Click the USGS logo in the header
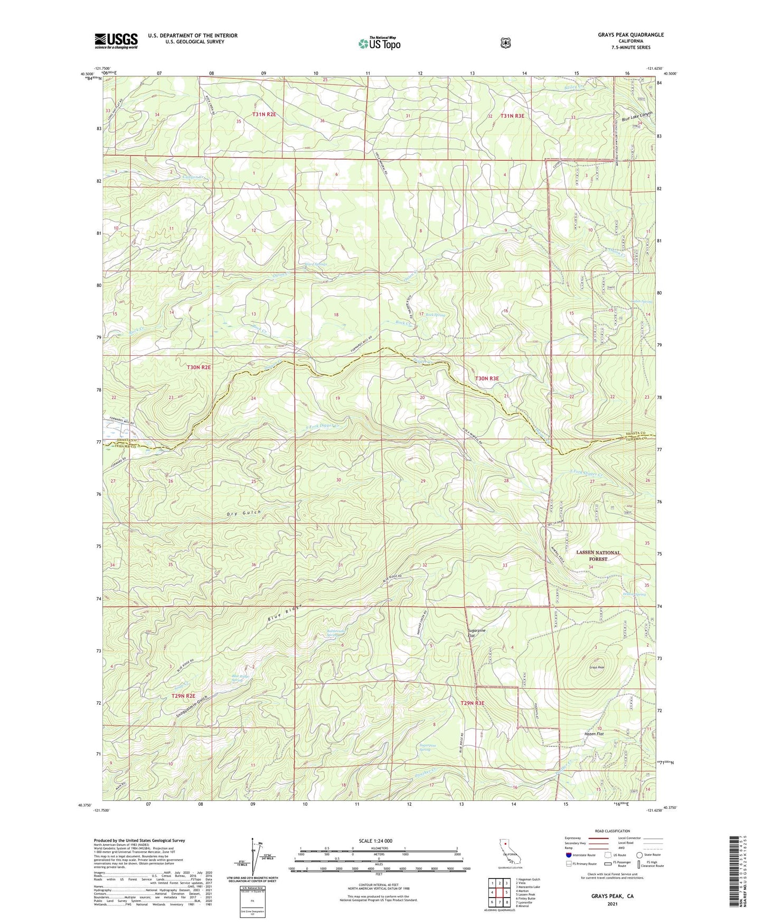pyautogui.click(x=116, y=40)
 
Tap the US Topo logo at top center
pyautogui.click(x=379, y=43)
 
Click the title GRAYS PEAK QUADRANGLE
pyautogui.click(x=630, y=35)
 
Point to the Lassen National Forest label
pyautogui.click(x=598, y=555)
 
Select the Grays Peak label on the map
pyautogui.click(x=597, y=667)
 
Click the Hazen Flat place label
pyautogui.click(x=594, y=734)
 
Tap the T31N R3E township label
pyautogui.click(x=512, y=115)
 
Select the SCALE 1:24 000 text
pyautogui.click(x=375, y=841)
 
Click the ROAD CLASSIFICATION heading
pyautogui.click(x=612, y=831)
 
